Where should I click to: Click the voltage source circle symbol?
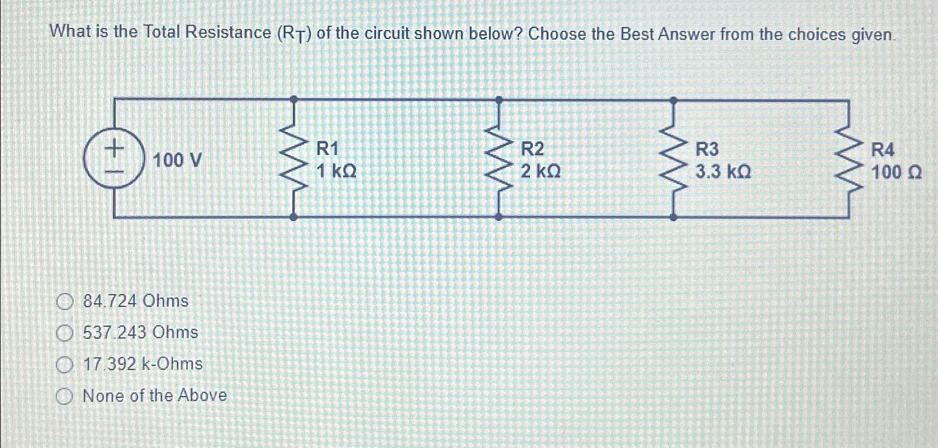114,158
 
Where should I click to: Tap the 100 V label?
177,161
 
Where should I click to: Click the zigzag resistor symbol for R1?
294,158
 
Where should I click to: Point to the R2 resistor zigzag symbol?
499,158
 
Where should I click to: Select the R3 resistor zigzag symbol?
673,158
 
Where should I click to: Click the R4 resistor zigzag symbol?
849,158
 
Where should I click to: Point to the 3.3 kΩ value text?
723,172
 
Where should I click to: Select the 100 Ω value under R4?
896,172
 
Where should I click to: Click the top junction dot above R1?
294,99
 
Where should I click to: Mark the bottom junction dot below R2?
499,217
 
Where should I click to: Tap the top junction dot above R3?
673,100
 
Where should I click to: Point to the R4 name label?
883,150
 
